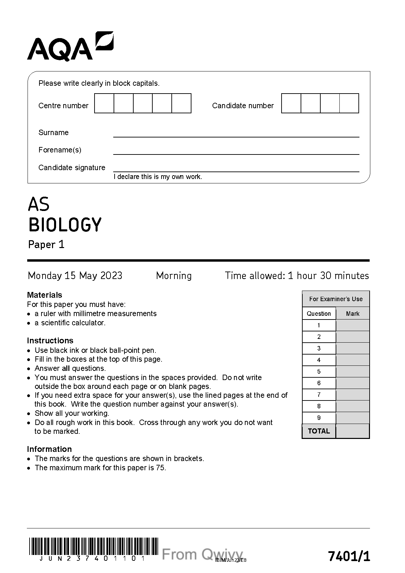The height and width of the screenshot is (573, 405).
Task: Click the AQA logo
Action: [x=70, y=47]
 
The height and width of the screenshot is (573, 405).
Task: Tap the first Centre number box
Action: [x=104, y=103]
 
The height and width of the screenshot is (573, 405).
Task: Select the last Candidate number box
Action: [x=349, y=103]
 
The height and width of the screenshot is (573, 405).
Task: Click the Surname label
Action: [x=53, y=133]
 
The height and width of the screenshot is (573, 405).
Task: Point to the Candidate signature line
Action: [x=236, y=171]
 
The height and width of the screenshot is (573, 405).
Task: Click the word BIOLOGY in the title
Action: [x=65, y=225]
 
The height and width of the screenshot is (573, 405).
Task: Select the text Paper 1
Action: [x=46, y=245]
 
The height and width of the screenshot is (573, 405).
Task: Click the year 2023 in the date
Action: [x=111, y=276]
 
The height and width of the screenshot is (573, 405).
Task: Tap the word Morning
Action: [x=174, y=276]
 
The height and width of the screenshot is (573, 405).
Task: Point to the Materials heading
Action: [x=45, y=295]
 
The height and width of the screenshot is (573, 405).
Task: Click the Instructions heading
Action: [x=50, y=341]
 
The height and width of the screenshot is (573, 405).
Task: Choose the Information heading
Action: [x=49, y=449]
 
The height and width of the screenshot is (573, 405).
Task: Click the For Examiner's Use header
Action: [x=336, y=299]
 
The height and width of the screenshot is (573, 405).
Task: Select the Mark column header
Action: [x=353, y=314]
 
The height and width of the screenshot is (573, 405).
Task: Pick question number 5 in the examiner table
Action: [x=319, y=372]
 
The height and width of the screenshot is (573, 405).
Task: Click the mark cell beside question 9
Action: [x=353, y=418]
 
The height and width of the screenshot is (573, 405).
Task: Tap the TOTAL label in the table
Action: [x=319, y=431]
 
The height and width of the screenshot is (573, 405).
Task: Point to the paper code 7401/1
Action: [x=349, y=557]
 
